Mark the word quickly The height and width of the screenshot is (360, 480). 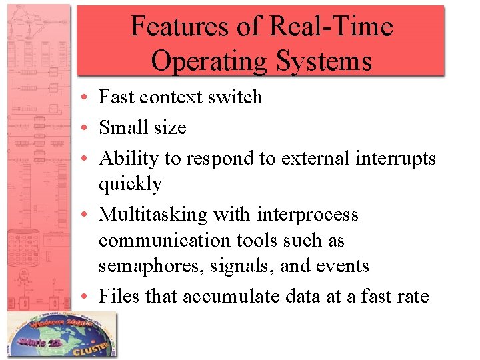coord(130,183)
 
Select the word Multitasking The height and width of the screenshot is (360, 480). coord(153,215)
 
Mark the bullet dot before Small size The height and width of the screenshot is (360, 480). coord(89,128)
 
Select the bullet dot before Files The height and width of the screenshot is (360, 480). coord(89,297)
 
